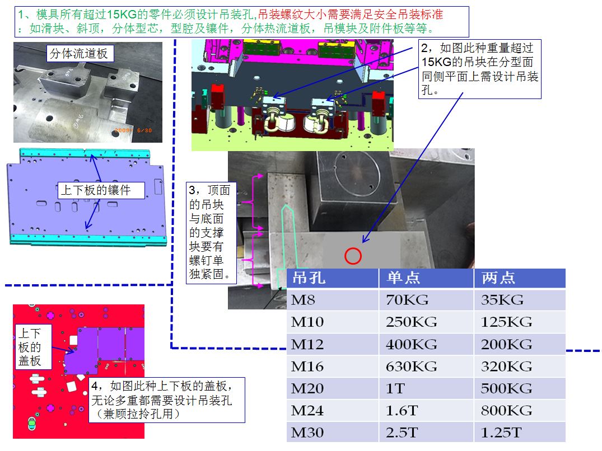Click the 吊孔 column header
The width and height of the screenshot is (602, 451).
309,278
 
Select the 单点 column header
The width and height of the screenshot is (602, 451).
403,278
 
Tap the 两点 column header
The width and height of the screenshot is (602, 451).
498,278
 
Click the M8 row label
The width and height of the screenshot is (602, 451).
303,300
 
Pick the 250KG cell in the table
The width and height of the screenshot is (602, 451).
411,322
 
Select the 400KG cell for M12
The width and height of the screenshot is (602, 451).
411,344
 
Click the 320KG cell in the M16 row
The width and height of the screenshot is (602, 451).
506,367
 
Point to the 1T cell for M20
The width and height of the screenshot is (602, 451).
395,388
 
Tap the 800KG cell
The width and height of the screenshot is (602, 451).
506,411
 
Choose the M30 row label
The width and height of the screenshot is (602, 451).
307,433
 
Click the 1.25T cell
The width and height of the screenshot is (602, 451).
501,433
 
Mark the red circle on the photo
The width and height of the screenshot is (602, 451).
353,256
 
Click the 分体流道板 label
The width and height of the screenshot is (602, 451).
80,53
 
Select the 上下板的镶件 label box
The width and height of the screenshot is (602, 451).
101,190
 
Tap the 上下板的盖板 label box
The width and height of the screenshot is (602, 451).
34,347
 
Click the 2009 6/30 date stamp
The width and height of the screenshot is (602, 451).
133,130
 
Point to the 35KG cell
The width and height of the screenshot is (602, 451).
502,300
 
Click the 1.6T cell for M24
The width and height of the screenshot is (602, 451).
402,411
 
